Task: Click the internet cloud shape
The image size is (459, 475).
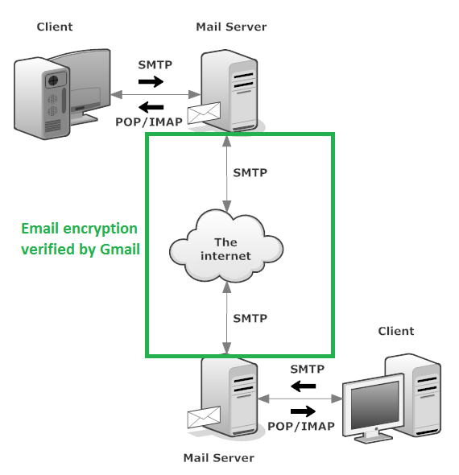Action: pyautogui.click(x=226, y=246)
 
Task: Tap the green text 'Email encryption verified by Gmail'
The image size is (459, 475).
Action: pyautogui.click(x=81, y=239)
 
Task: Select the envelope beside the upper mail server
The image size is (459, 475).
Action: pyautogui.click(x=204, y=113)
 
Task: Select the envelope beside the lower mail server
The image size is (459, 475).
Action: pyautogui.click(x=204, y=417)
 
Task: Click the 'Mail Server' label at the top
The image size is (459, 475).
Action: pyautogui.click(x=231, y=27)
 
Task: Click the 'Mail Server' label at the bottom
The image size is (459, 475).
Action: pyautogui.click(x=219, y=458)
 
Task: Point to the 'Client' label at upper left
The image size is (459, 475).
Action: pyautogui.click(x=55, y=27)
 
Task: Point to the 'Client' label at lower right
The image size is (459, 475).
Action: pyautogui.click(x=396, y=331)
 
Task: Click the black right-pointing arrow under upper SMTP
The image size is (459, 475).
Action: pyautogui.click(x=151, y=81)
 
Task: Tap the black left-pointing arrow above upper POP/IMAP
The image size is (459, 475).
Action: pyautogui.click(x=151, y=107)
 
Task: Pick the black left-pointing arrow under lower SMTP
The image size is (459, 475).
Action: pyautogui.click(x=303, y=386)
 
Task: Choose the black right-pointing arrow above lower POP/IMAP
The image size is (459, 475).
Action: pyautogui.click(x=303, y=411)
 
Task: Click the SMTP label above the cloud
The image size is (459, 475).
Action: pyautogui.click(x=250, y=172)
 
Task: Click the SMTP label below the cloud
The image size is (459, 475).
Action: pyautogui.click(x=250, y=318)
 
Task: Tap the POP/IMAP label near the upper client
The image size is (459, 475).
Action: pyautogui.click(x=149, y=122)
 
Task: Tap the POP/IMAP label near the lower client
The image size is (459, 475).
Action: pyautogui.click(x=301, y=426)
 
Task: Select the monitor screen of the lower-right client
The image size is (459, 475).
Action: pyautogui.click(x=374, y=404)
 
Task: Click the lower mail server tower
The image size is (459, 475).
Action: pyautogui.click(x=230, y=397)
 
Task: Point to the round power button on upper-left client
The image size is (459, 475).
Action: pyautogui.click(x=53, y=81)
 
